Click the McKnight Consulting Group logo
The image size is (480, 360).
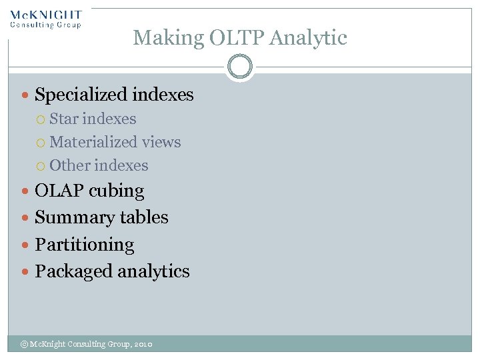[45, 19]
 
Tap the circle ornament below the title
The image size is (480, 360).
[239, 67]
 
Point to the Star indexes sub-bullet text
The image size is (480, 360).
[93, 119]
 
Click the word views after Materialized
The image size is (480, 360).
[161, 143]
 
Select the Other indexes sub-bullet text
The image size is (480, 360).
[99, 165]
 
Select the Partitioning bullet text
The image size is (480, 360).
[85, 245]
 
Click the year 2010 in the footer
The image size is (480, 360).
[143, 344]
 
